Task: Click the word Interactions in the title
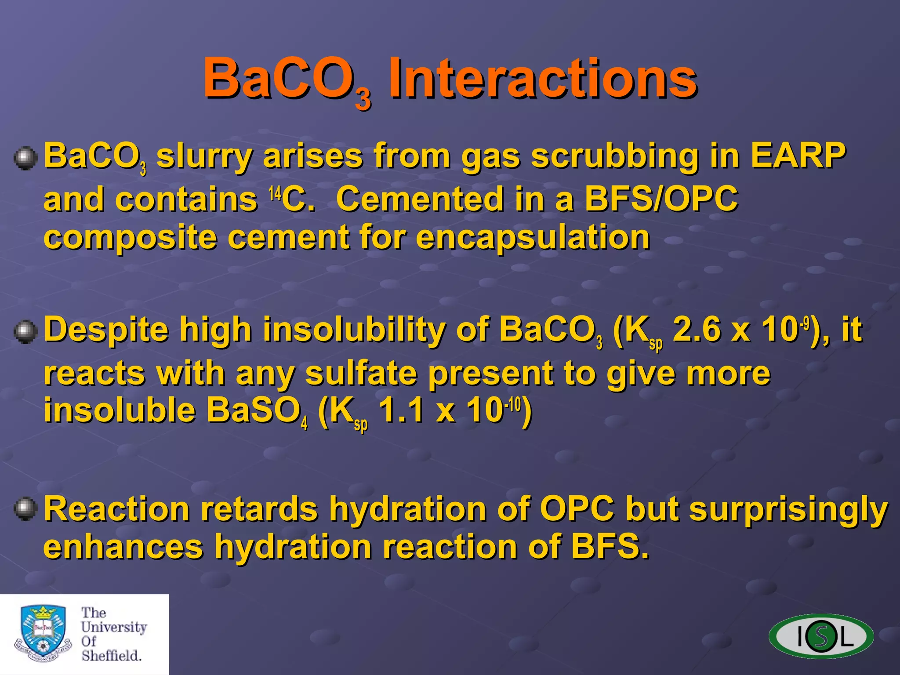(543, 79)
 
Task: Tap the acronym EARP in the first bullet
(797, 156)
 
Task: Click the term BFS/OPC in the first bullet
(661, 199)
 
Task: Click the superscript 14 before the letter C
(275, 192)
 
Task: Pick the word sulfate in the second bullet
(360, 374)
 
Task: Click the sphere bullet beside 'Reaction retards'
(25, 509)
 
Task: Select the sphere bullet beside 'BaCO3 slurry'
(25, 158)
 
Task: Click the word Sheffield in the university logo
(111, 656)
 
